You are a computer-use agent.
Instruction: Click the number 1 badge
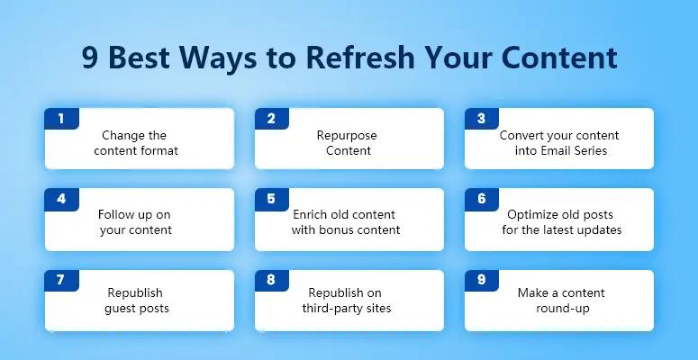click(x=61, y=119)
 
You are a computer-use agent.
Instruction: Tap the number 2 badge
click(x=271, y=119)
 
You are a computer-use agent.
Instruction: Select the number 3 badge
click(x=481, y=119)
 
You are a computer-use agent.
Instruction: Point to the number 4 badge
click(x=61, y=199)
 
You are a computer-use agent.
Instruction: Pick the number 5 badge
click(x=271, y=199)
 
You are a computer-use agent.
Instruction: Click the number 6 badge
click(x=481, y=199)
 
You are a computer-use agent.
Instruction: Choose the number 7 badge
click(x=61, y=280)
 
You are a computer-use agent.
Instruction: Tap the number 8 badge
click(x=271, y=280)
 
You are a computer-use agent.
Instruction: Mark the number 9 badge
click(x=481, y=280)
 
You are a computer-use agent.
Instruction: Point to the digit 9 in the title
click(x=90, y=58)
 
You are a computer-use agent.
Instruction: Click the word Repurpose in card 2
click(x=347, y=136)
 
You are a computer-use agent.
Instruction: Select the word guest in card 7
click(x=122, y=309)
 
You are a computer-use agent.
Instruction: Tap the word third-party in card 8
click(x=331, y=309)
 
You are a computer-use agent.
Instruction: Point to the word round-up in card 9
click(x=558, y=309)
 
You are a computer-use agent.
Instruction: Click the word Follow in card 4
click(x=116, y=215)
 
